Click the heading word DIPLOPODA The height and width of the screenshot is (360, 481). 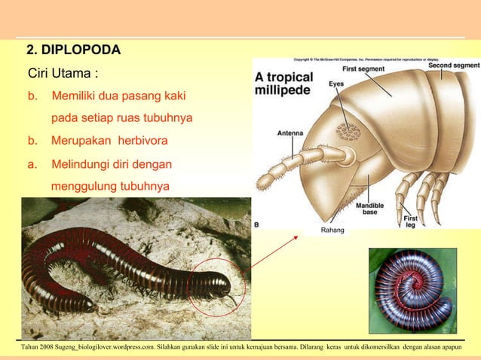(x=80, y=50)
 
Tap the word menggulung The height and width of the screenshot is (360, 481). (x=83, y=186)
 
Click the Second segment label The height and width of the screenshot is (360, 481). (x=454, y=66)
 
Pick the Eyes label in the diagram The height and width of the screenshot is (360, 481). (x=336, y=84)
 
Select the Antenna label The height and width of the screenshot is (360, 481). (x=290, y=133)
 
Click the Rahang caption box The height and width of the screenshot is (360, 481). (x=332, y=230)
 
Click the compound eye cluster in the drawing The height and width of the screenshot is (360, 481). (x=348, y=131)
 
